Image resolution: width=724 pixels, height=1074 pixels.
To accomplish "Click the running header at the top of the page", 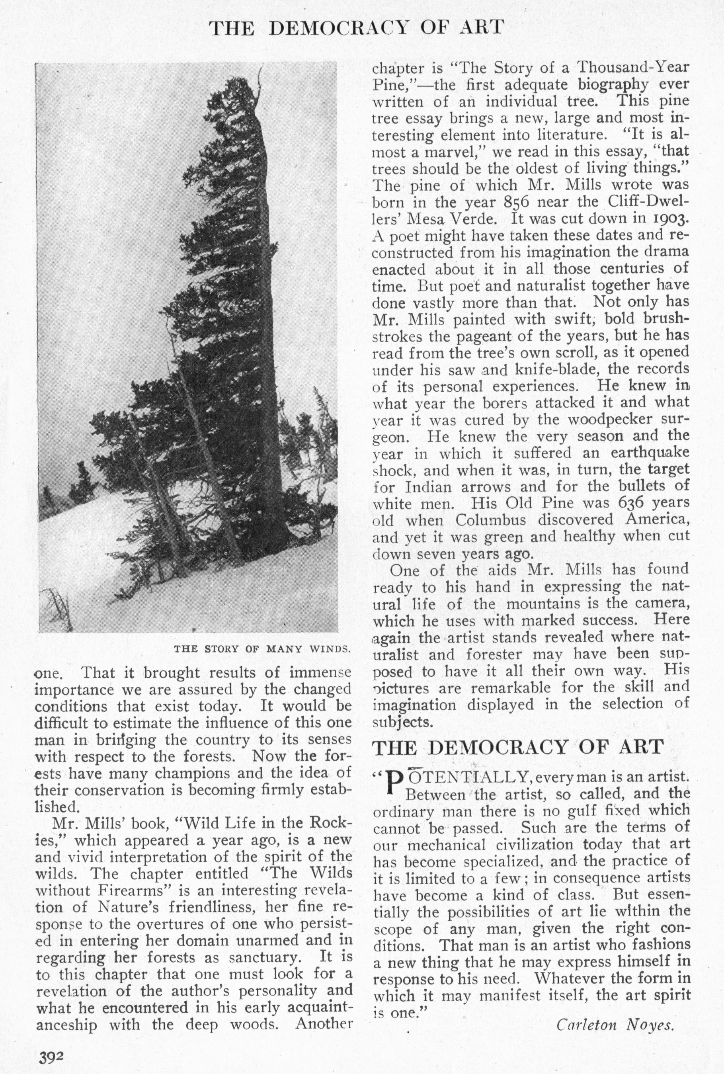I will pyautogui.click(x=356, y=28).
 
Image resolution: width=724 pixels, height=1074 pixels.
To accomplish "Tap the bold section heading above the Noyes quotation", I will pyautogui.click(x=518, y=747).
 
